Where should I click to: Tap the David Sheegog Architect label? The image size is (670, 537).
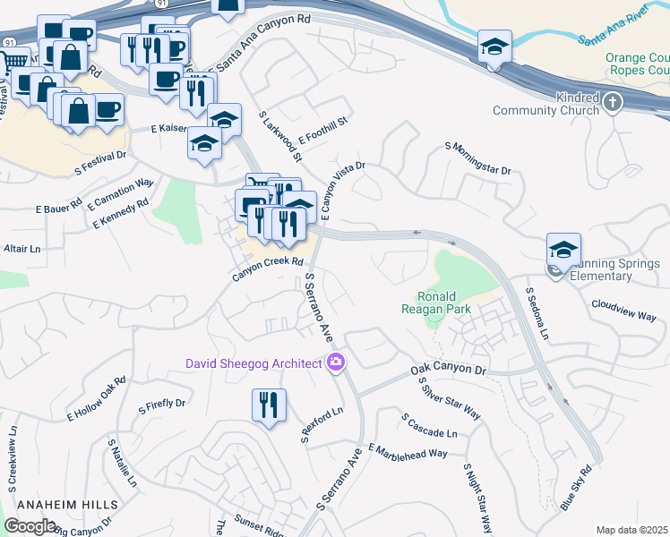[253, 363]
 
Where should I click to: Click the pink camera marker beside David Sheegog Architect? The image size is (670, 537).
[336, 362]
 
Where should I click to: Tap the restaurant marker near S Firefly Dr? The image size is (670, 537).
[268, 405]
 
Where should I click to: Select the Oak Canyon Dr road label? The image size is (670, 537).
[448, 369]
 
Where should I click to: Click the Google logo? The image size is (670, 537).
[30, 526]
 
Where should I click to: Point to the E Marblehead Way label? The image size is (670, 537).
[407, 451]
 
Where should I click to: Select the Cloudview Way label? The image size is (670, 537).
[623, 311]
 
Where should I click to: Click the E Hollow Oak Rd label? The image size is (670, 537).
[97, 399]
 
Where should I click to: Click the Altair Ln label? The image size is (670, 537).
[22, 248]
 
